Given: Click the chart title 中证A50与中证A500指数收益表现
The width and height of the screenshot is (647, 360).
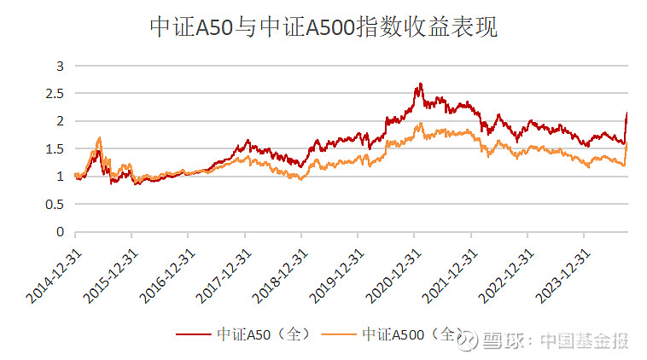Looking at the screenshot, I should [323, 28].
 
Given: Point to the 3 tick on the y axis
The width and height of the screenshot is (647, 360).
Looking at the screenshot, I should [60, 66].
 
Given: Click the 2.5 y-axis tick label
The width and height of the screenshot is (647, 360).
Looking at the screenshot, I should [55, 93].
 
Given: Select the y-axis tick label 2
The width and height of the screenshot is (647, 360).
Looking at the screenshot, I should [60, 121].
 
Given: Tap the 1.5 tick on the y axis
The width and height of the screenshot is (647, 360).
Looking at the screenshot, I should [55, 148].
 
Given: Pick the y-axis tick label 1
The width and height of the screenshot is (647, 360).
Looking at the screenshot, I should [60, 177].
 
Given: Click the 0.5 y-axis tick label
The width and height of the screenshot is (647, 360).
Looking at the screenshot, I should [55, 204].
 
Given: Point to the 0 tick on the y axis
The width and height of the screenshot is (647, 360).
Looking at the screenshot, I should [60, 231].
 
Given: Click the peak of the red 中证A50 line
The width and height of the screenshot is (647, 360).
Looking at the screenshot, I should [421, 84].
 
